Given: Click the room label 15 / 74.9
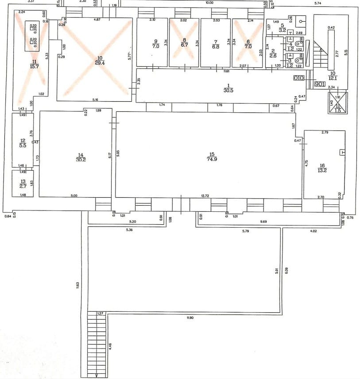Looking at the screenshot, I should pyautogui.click(x=212, y=157).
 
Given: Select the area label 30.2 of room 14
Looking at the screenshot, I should pyautogui.click(x=80, y=160).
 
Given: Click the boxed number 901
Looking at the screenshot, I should pyautogui.click(x=320, y=84).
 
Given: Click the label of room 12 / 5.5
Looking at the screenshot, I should pyautogui.click(x=23, y=143).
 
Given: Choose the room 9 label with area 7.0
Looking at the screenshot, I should pyautogui.click(x=155, y=43).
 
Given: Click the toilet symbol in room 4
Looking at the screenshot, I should pyautogui.click(x=296, y=43).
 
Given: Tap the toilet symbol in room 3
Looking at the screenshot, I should pyautogui.click(x=296, y=57).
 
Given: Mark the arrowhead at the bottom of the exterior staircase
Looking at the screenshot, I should pyautogui.click(x=97, y=376).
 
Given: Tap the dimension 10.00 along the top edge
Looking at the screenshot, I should pyautogui.click(x=209, y=3).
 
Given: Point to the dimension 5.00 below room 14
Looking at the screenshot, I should pyautogui.click(x=74, y=195).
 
